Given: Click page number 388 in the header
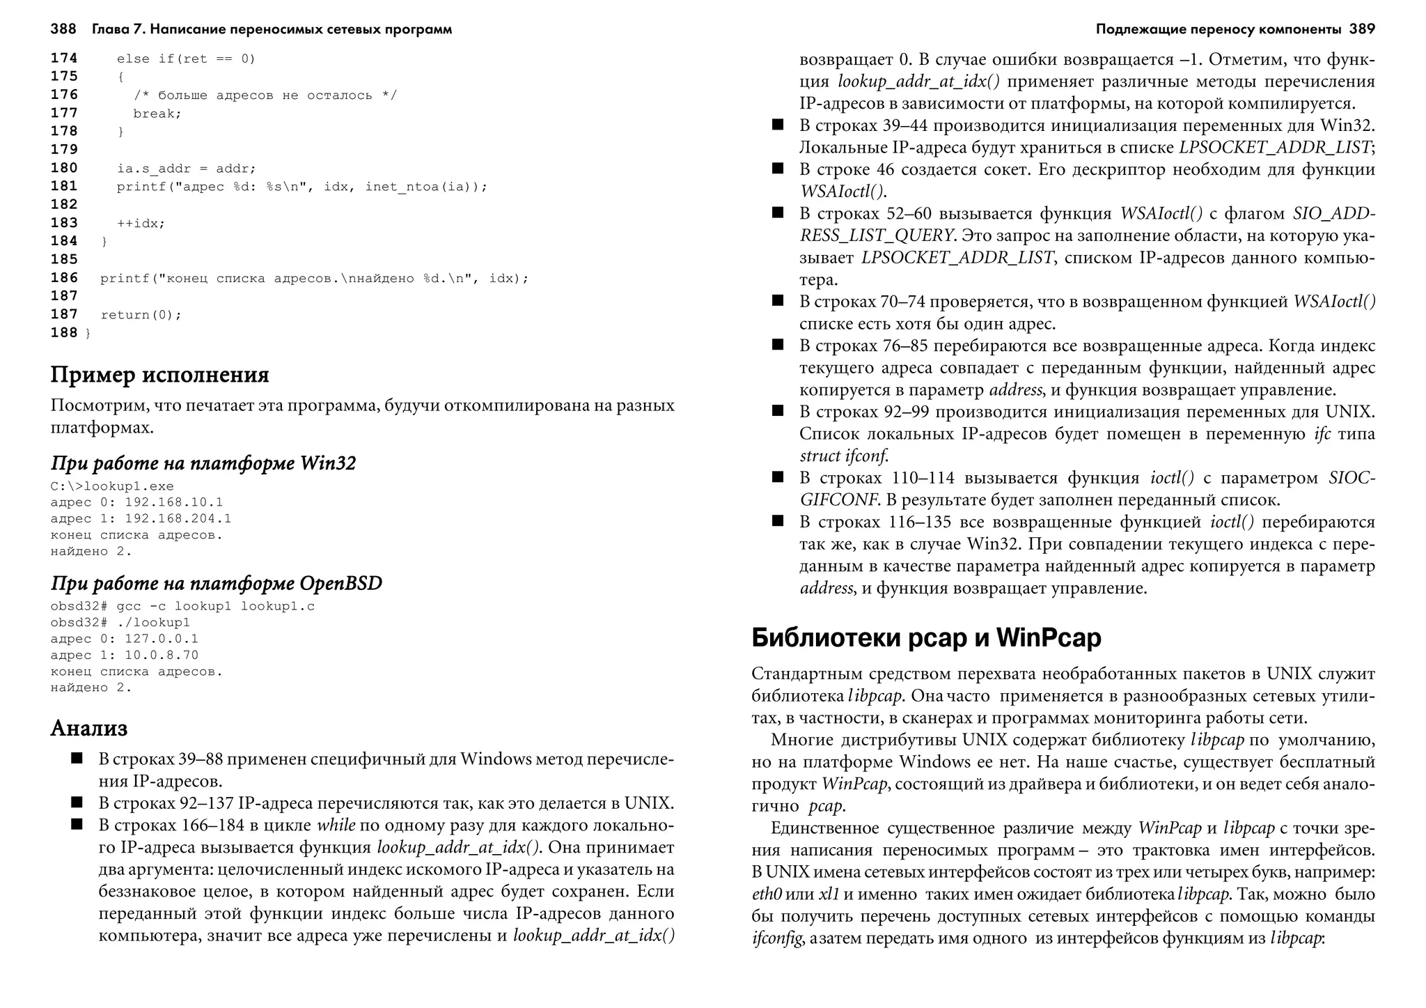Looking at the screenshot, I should [63, 29].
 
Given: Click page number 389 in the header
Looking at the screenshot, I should [1362, 29].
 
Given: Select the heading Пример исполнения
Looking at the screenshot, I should [159, 375].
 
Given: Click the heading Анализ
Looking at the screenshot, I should [89, 729].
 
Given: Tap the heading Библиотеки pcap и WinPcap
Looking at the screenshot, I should [926, 637].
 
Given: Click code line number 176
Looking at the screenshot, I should [64, 95].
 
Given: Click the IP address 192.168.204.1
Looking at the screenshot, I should [178, 519].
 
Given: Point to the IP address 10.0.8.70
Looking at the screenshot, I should [162, 656].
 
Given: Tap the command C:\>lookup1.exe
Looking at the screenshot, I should [112, 486].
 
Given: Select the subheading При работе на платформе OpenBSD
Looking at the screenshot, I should [217, 584].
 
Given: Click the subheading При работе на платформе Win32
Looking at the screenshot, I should [203, 464].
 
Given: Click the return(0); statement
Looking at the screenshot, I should [141, 315].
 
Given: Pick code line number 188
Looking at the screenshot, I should [64, 333].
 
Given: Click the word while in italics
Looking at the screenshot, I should [336, 825].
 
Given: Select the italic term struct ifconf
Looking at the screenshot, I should [844, 456].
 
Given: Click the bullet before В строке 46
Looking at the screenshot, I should [778, 169].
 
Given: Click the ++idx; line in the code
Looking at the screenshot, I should [141, 224].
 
